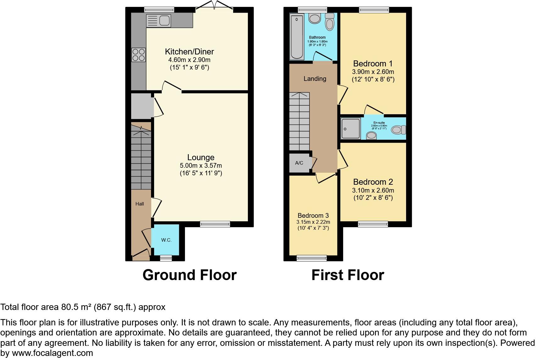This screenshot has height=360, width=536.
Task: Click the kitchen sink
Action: (x=159, y=21)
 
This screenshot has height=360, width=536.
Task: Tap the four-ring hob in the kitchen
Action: (x=139, y=55)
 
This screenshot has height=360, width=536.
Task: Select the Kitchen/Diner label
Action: (x=189, y=52)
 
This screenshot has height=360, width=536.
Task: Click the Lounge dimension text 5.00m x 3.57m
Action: (x=201, y=166)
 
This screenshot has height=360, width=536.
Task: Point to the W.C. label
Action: (x=166, y=240)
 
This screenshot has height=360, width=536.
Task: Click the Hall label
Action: (x=140, y=204)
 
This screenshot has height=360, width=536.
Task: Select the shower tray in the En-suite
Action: (x=350, y=129)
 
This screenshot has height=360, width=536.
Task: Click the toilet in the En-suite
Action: (x=398, y=130)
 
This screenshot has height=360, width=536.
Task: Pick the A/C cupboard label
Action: (x=299, y=163)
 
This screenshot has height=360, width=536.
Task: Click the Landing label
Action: (x=315, y=79)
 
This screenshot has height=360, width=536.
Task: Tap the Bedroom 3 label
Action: (x=313, y=216)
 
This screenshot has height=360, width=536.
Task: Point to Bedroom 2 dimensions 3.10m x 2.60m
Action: (x=373, y=190)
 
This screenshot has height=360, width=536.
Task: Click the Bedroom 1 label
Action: (x=373, y=64)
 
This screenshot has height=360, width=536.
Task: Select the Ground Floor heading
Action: (x=189, y=275)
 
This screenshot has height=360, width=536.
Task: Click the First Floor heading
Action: (x=348, y=275)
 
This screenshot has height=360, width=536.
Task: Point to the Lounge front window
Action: (x=215, y=224)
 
